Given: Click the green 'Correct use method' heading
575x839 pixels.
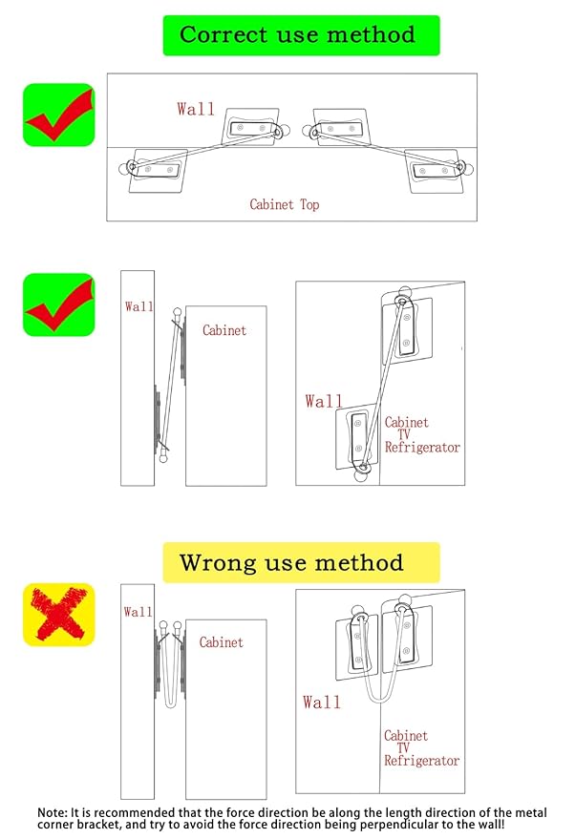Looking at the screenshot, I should pyautogui.click(x=300, y=35).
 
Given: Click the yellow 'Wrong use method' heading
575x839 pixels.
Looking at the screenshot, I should pyautogui.click(x=300, y=562).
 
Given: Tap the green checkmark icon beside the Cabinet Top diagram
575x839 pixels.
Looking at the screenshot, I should pyautogui.click(x=58, y=115).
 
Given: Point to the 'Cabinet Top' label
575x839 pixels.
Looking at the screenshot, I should pyautogui.click(x=285, y=204).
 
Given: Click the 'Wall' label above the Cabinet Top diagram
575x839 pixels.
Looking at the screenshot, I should pyautogui.click(x=195, y=109).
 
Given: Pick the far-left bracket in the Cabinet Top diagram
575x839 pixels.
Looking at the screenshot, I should pyautogui.click(x=154, y=169).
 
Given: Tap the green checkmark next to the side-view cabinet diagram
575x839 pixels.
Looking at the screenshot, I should pyautogui.click(x=58, y=304).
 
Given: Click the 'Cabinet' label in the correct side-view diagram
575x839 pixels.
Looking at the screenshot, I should pyautogui.click(x=224, y=330).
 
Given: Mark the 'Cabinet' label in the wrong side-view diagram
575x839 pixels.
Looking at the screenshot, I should pyautogui.click(x=222, y=642).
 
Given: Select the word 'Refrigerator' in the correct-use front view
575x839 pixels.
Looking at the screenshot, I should pyautogui.click(x=422, y=447).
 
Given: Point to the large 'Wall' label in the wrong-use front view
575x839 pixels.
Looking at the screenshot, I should pyautogui.click(x=322, y=703).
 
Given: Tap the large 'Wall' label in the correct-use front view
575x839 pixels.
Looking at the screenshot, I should pyautogui.click(x=324, y=402).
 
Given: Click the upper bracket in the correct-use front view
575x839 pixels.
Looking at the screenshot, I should pyautogui.click(x=405, y=328).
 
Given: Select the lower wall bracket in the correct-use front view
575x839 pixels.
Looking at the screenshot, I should pyautogui.click(x=358, y=437).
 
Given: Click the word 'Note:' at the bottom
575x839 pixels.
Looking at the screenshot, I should pyautogui.click(x=53, y=812).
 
